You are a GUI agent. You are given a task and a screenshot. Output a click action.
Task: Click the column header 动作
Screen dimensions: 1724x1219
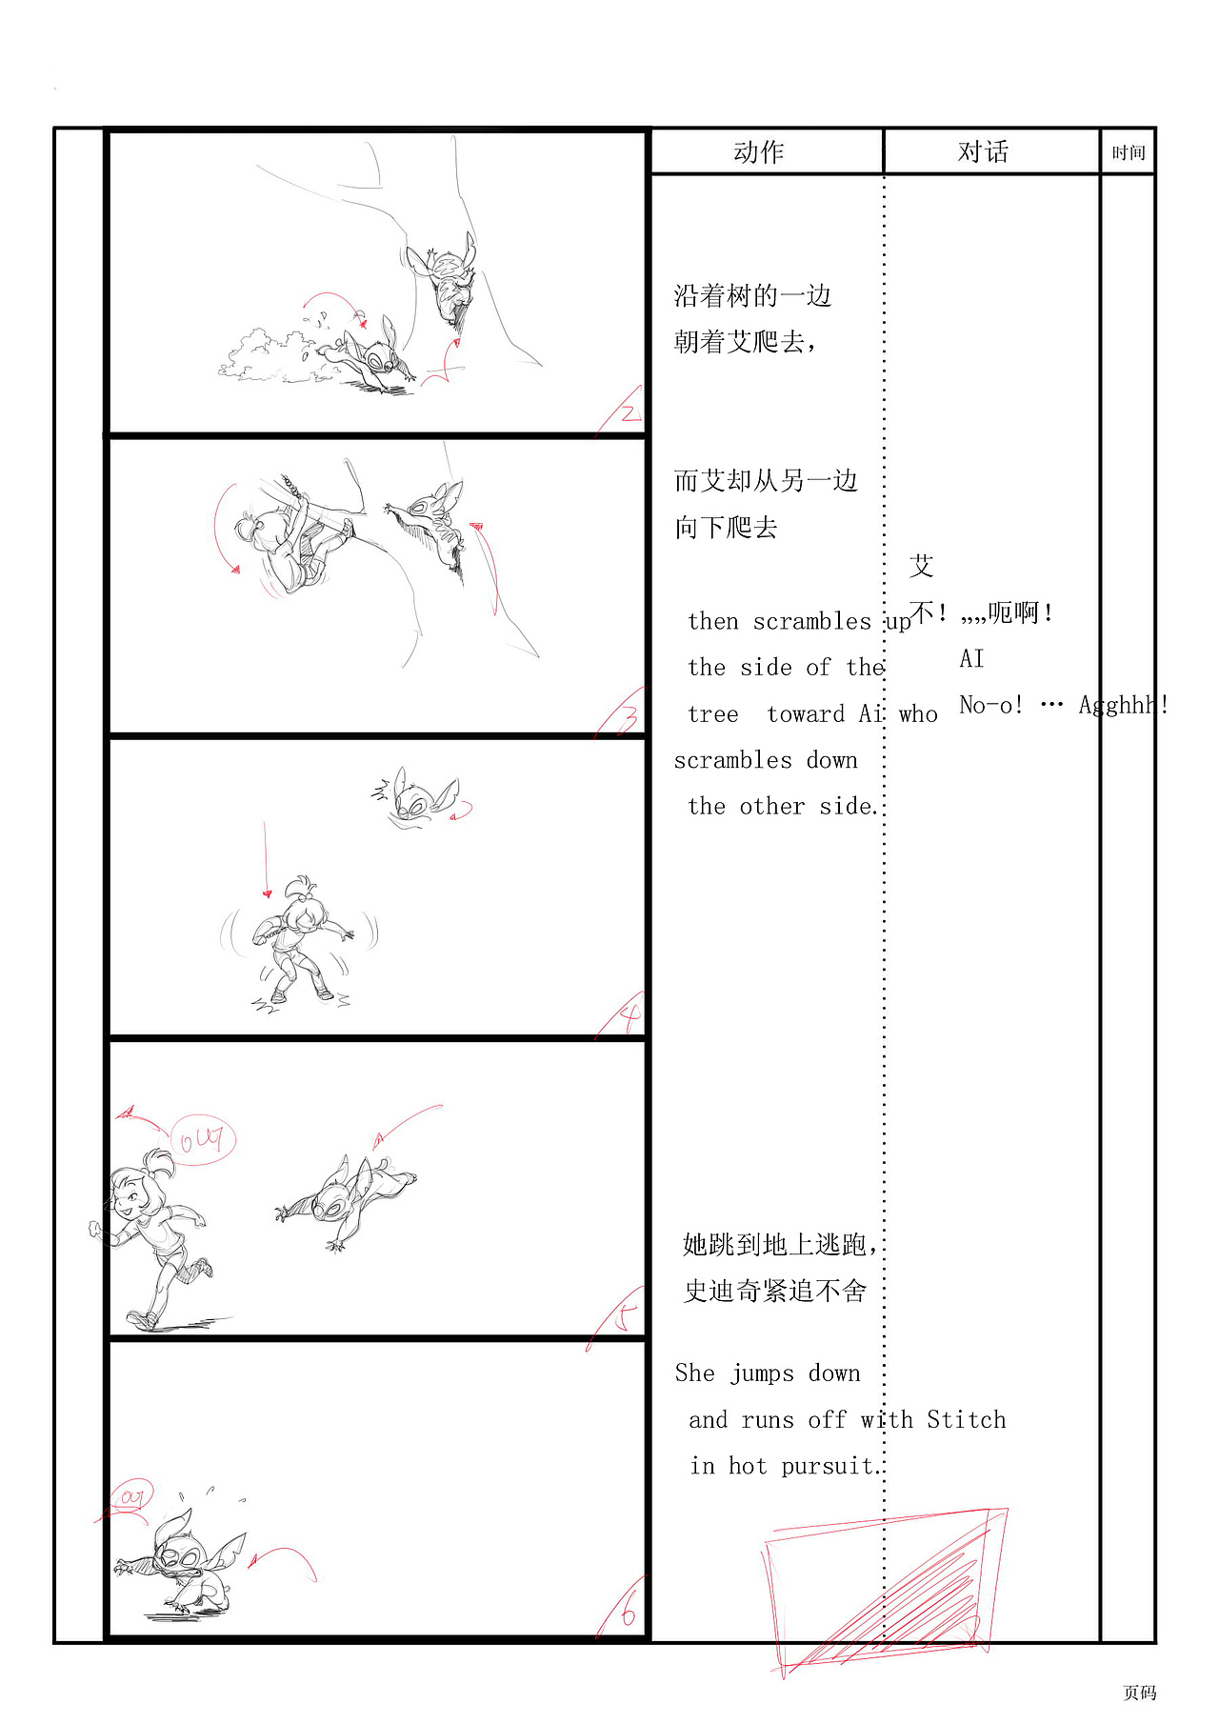click(758, 152)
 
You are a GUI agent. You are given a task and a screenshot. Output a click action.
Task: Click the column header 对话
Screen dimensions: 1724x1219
click(983, 152)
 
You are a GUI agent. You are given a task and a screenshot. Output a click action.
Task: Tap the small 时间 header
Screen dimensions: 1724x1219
click(1129, 152)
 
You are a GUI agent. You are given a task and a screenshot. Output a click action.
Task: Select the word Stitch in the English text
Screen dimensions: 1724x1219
click(966, 1419)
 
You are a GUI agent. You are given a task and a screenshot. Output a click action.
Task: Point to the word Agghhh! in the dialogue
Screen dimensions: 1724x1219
click(1122, 705)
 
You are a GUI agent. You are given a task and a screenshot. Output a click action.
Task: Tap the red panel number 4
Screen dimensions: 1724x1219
click(629, 1019)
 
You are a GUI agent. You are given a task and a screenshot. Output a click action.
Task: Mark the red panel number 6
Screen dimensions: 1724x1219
click(627, 1614)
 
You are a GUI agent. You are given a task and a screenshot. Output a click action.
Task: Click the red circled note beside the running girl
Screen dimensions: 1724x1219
click(202, 1138)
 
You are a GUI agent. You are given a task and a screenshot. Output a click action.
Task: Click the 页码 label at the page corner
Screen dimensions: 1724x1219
click(1139, 1692)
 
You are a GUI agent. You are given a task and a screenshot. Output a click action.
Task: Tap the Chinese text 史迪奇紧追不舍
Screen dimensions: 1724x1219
click(775, 1291)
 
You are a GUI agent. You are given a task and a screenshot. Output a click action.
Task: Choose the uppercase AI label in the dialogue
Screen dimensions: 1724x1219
click(971, 658)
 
